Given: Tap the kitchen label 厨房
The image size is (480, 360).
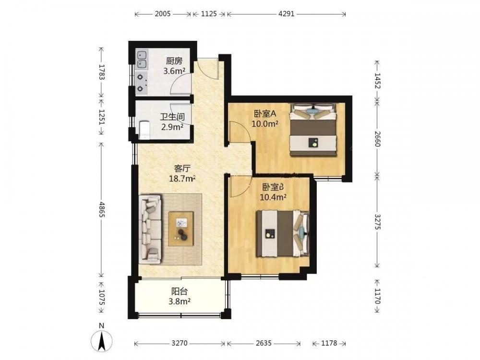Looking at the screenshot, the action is (174, 61).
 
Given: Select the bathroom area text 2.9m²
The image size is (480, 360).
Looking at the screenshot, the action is (172, 126).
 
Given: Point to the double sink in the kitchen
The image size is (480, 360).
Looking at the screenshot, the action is (142, 60).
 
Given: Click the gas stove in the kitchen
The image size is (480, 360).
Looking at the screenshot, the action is (142, 83).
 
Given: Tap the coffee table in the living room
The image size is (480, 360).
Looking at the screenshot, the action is (181, 228).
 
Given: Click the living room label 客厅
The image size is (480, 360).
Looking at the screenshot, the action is (182, 168).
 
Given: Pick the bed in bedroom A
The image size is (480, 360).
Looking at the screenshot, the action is (313, 130).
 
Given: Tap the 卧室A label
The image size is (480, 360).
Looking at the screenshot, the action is (265, 114).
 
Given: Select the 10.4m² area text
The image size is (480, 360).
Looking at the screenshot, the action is (273, 197).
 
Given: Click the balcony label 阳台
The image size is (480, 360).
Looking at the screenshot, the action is (180, 291).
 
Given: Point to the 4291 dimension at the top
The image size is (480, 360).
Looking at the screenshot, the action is (286, 14).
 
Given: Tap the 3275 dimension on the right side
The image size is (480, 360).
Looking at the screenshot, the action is (377, 222).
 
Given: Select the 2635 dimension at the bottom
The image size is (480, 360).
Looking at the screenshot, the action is (264, 343).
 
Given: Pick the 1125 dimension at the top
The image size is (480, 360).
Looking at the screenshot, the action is (209, 14).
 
